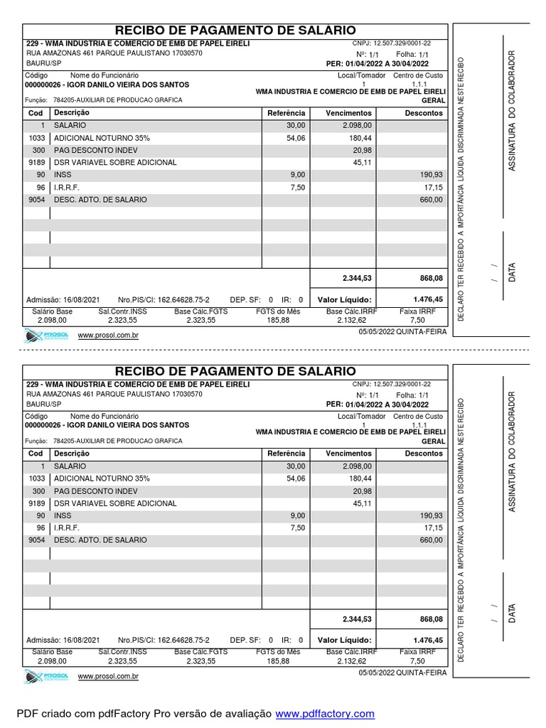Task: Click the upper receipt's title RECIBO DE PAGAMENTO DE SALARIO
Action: pyautogui.click(x=235, y=30)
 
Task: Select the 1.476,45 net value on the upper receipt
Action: pyautogui.click(x=428, y=299)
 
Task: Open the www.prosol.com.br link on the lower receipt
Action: pyautogui.click(x=108, y=676)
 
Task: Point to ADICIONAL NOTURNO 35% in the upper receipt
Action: pyautogui.click(x=102, y=138)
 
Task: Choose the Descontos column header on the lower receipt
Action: pyautogui.click(x=424, y=454)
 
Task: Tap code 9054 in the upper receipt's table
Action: pyautogui.click(x=36, y=200)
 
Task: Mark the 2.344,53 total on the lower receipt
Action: pyautogui.click(x=357, y=619)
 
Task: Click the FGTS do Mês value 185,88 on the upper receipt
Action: pyautogui.click(x=278, y=321)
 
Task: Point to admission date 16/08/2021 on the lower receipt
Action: pyautogui.click(x=63, y=640)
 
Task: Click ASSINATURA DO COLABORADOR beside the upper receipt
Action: pyautogui.click(x=511, y=110)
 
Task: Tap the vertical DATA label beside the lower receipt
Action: pyautogui.click(x=512, y=613)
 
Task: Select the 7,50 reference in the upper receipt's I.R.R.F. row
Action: pyautogui.click(x=297, y=188)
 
